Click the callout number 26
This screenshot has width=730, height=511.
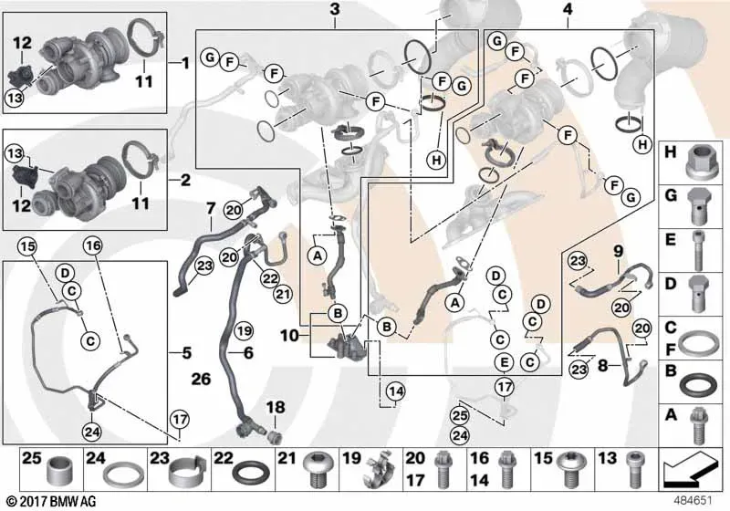click(201, 379)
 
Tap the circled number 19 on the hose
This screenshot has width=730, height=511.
click(244, 331)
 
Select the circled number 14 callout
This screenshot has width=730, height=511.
click(395, 391)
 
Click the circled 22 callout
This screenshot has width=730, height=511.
click(269, 278)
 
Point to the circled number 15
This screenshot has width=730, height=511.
click(27, 246)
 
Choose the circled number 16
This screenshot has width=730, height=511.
click(93, 245)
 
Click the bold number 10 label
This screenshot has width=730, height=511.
click(289, 335)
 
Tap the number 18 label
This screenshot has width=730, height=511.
click(276, 407)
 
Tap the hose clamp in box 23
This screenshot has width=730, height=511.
click(187, 473)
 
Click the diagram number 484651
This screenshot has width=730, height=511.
click(693, 501)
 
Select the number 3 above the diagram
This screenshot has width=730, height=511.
click(335, 9)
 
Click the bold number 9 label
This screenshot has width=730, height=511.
click(618, 252)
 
